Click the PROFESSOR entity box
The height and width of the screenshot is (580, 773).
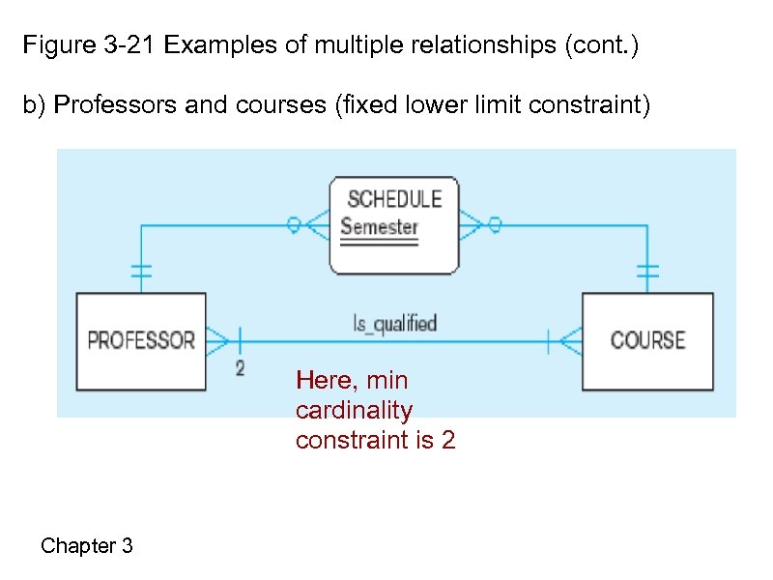pos(141,341)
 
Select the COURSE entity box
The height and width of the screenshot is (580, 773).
pos(646,341)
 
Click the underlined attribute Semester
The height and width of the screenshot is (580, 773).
pos(379,228)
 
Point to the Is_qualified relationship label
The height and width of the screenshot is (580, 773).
pos(394,323)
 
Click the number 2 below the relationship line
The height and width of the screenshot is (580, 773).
pos(240,368)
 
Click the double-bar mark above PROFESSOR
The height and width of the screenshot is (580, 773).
pos(141,272)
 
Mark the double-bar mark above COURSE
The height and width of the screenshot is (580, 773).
pos(646,272)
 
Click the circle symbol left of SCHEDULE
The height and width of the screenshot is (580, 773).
pos(294,225)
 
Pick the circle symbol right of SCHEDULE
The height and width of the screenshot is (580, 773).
pos(494,225)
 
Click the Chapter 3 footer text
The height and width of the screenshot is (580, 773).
pos(87,546)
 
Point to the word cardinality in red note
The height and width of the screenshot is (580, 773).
pos(354,410)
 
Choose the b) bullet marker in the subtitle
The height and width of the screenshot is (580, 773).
pos(35,104)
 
